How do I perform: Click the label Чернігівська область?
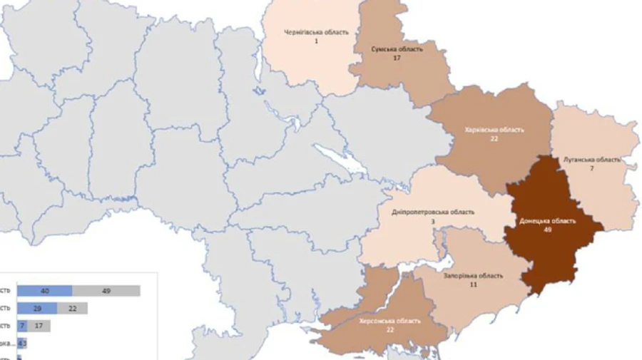click(316, 33)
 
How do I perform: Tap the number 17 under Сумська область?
click(397, 58)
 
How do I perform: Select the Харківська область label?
click(494, 130)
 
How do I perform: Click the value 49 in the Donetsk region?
click(548, 230)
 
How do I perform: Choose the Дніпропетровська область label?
click(433, 212)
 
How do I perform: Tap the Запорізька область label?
click(473, 276)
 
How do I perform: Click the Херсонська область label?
click(390, 321)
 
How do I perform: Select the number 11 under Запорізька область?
click(472, 284)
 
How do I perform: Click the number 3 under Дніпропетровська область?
click(432, 222)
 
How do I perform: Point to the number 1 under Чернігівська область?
click(316, 41)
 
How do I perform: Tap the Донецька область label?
click(548, 221)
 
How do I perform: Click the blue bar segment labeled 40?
click(44, 291)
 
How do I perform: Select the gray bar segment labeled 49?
click(106, 291)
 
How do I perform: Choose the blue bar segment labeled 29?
click(37, 308)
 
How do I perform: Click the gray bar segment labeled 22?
click(73, 308)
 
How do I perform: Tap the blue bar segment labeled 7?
click(22, 325)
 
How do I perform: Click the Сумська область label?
click(397, 49)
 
